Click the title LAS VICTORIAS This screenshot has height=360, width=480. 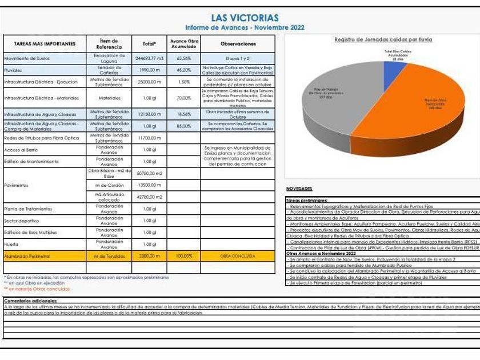(x=245, y=18)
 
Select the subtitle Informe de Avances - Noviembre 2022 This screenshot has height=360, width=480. (x=245, y=27)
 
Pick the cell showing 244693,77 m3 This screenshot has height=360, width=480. (x=150, y=58)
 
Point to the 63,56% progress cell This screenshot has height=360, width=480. (x=183, y=58)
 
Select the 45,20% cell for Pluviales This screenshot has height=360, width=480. (x=183, y=70)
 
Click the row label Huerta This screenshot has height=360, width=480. (x=11, y=244)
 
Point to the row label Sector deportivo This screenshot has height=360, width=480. (x=21, y=221)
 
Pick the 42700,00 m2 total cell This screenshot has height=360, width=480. (x=150, y=197)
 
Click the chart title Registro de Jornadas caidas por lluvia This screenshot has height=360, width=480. (x=383, y=39)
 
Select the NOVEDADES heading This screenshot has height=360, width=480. (x=298, y=189)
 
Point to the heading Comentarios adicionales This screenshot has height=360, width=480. (x=30, y=301)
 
